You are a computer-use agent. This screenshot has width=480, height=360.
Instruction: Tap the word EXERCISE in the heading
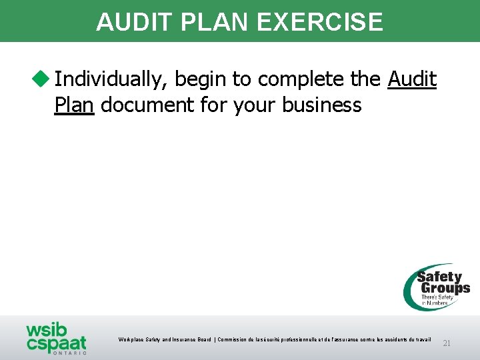coord(319,22)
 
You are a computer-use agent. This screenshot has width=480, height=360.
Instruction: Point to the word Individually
coord(112,80)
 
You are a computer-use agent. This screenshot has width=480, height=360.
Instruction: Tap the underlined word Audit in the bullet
coord(412,80)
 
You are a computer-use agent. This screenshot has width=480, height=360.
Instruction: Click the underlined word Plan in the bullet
coord(74,105)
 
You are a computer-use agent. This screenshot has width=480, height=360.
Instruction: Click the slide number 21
coord(447,343)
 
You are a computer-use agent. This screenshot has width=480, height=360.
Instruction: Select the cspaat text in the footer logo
coord(57,343)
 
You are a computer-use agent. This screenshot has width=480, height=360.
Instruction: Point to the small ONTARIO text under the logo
coord(69,353)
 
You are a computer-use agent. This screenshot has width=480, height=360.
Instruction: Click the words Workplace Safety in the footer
coord(138,340)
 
